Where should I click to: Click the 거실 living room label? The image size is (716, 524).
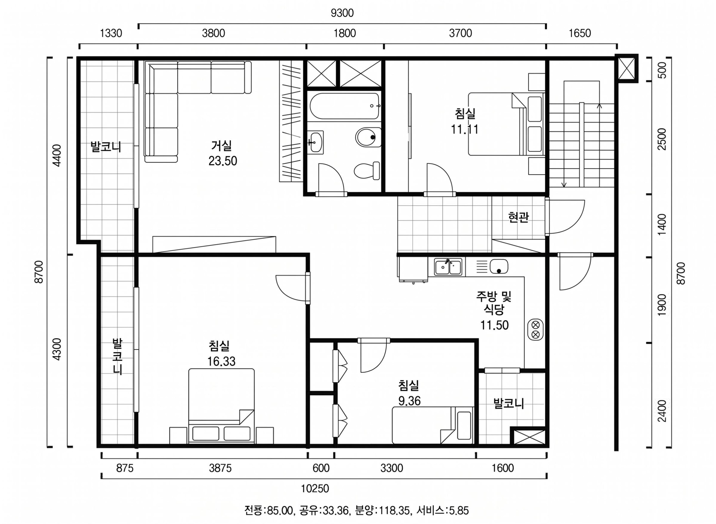click(222, 146)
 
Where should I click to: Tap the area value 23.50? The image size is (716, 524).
click(223, 161)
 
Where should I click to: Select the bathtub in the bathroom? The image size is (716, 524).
click(345, 106)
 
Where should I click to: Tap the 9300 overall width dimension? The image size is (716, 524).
click(342, 13)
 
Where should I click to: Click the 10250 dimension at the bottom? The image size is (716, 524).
click(315, 488)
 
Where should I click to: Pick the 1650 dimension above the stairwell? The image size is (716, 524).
click(580, 33)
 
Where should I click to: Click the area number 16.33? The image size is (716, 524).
click(222, 361)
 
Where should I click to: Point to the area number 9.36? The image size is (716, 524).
click(409, 401)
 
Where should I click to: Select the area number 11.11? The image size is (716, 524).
click(465, 129)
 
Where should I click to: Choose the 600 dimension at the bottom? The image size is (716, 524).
click(321, 468)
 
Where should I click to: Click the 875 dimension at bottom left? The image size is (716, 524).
click(125, 468)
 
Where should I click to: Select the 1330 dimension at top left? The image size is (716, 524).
click(111, 33)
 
